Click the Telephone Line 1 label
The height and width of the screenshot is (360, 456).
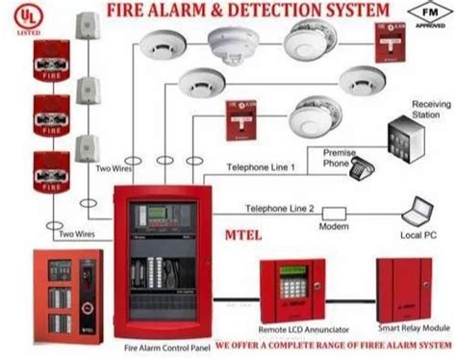point(260,167)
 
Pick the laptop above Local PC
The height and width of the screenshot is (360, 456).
point(419,209)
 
